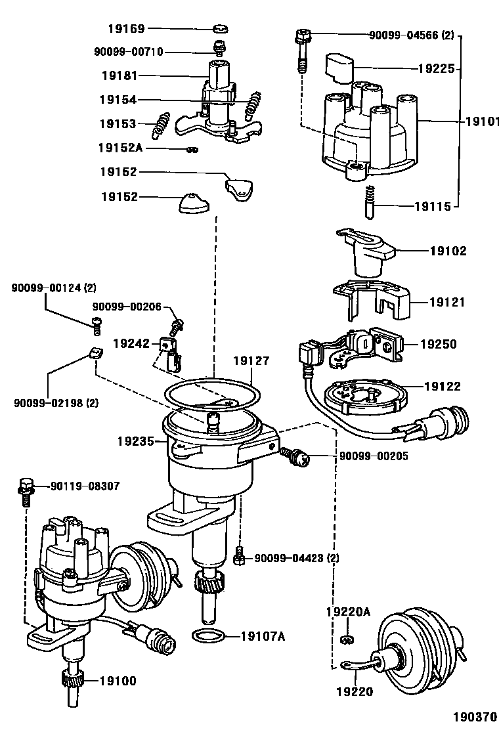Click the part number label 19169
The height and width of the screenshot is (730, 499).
127,29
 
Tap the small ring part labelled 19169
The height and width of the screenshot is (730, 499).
221,29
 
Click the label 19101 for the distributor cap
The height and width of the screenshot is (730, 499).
482,122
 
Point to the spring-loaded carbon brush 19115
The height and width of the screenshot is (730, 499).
369,201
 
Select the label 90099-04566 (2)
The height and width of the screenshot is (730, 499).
412,35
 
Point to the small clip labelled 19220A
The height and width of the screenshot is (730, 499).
345,640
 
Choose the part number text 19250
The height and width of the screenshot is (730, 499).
439,344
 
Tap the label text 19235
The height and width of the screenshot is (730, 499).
136,441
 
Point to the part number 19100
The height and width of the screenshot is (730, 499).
118,681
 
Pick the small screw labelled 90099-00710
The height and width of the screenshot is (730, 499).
217,47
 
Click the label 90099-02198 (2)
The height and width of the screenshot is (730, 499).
56,403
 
